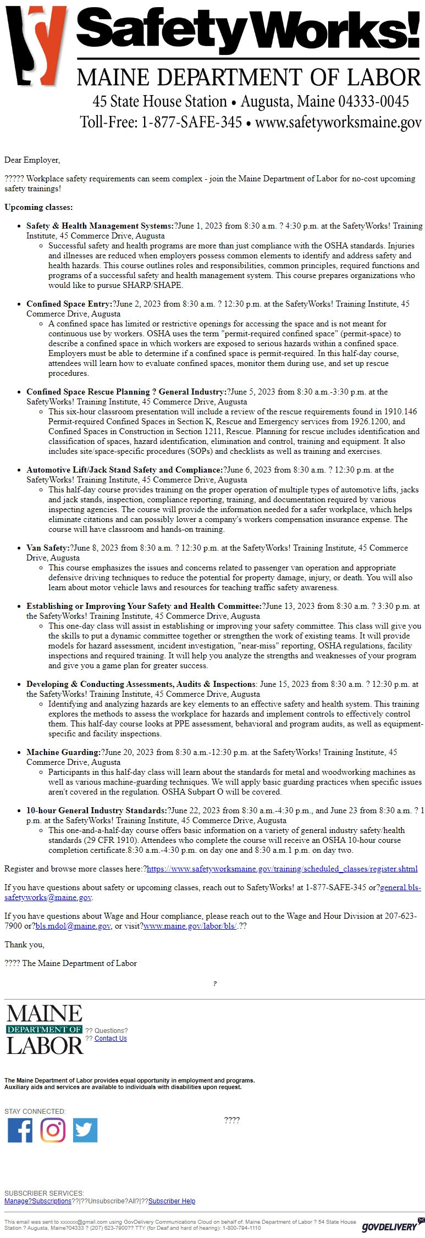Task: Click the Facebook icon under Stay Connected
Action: tap(20, 1130)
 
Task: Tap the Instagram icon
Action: tap(53, 1130)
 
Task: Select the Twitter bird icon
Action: tap(85, 1130)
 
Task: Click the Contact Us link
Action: tap(111, 1039)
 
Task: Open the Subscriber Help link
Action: tap(172, 1201)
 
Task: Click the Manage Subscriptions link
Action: tap(38, 1201)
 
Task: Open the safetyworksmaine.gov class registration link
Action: tap(282, 869)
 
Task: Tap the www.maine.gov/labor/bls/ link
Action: tap(190, 926)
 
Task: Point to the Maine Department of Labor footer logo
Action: tap(45, 1030)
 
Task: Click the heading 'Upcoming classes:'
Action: tap(38, 207)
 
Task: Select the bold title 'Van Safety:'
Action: tap(48, 548)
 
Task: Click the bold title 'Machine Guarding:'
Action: tap(63, 752)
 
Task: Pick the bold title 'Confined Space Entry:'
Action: tap(69, 304)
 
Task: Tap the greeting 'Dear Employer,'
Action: tap(32, 160)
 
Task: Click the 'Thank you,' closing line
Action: tap(24, 945)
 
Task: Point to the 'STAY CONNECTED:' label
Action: tap(35, 1111)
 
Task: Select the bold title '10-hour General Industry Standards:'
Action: tap(96, 810)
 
